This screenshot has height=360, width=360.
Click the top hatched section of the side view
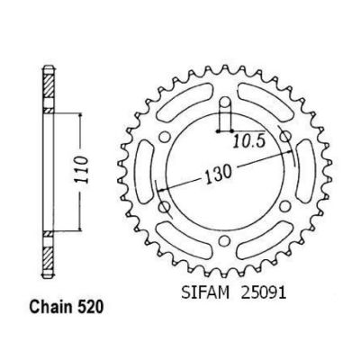pyautogui.click(x=46, y=91)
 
